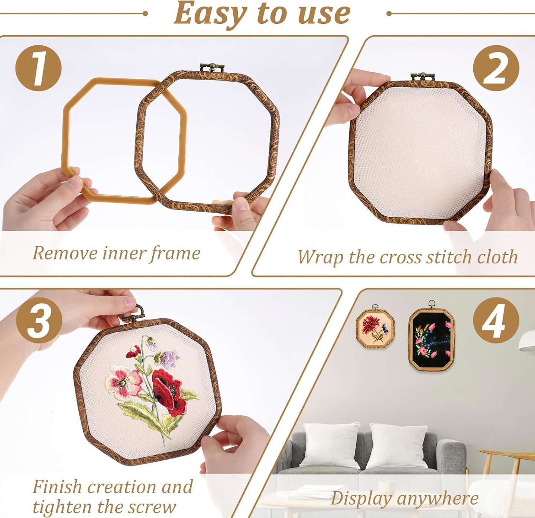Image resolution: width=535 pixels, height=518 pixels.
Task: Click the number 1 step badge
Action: [38, 68]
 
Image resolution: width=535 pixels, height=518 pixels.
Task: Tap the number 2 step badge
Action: [496, 68]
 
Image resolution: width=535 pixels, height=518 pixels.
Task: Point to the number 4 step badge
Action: [496, 320]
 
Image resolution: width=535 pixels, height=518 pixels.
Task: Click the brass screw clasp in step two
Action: [422, 76]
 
